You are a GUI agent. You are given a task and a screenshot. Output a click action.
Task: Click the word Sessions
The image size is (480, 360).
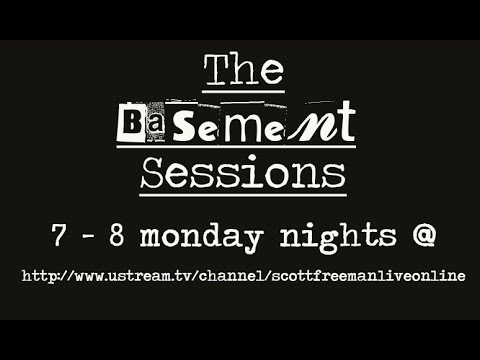pos(243,175)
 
